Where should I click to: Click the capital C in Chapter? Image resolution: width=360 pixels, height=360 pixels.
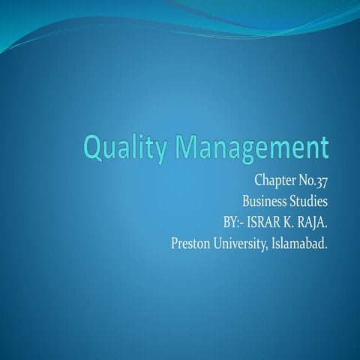pyautogui.click(x=258, y=183)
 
